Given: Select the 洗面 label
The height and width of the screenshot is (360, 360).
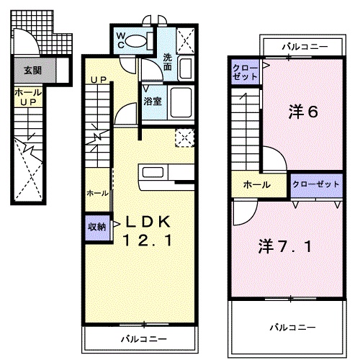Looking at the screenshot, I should click(x=168, y=62).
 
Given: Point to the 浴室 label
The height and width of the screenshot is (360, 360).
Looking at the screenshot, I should click(x=152, y=101).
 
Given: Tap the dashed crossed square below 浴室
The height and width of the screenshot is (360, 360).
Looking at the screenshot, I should click(x=184, y=137).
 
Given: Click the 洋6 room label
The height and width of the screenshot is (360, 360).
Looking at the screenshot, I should click(x=303, y=112).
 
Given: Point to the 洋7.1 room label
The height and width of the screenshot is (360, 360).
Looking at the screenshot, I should click(x=285, y=246).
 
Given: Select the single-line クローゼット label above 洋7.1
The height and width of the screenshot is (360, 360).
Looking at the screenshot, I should click(x=316, y=184).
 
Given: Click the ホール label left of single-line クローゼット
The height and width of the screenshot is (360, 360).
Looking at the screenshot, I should click(x=256, y=185).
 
